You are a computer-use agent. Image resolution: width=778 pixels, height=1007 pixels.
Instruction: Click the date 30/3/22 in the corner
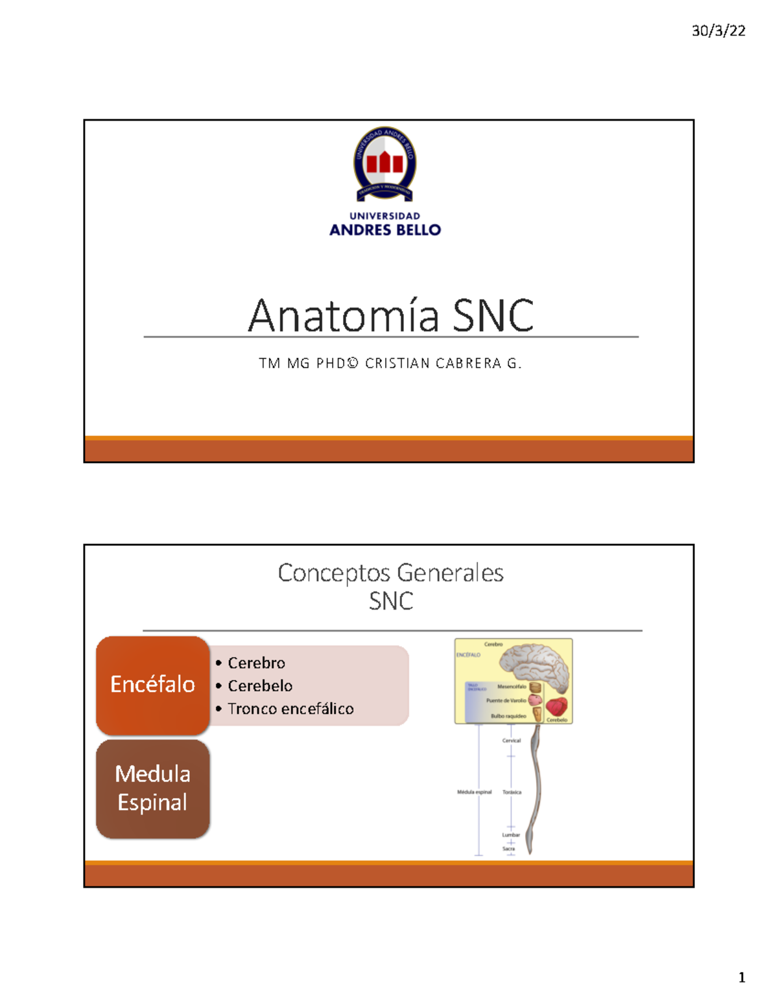718,30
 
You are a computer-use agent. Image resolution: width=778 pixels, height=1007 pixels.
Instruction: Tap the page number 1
742,978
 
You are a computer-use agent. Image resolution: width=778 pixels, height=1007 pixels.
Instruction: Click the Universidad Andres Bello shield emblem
384,163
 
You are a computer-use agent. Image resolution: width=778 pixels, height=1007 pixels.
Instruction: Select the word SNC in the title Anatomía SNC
493,316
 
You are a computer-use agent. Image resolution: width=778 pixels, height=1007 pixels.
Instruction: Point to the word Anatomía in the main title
344,316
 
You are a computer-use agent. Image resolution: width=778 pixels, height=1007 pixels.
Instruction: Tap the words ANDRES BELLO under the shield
385,230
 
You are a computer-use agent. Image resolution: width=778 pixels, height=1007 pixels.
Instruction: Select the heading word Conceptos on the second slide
334,573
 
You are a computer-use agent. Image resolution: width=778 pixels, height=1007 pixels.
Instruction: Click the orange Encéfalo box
152,685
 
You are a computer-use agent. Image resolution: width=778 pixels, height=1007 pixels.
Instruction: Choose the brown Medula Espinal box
152,788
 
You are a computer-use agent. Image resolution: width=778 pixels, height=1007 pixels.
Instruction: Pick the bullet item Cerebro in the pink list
256,663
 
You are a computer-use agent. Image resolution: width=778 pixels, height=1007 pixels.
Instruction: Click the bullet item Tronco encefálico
290,709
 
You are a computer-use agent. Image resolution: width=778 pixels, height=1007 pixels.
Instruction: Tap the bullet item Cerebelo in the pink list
260,685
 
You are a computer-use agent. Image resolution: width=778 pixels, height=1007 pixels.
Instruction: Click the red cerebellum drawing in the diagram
556,706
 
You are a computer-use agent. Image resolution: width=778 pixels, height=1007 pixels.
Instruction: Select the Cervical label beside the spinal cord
512,740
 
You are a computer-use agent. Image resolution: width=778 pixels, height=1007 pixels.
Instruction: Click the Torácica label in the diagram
512,792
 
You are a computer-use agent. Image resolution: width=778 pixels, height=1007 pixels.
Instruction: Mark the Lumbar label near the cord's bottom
511,835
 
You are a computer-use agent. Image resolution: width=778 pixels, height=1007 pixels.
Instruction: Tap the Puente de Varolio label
506,701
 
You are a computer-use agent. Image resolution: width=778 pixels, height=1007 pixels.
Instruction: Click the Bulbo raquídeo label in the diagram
508,717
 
